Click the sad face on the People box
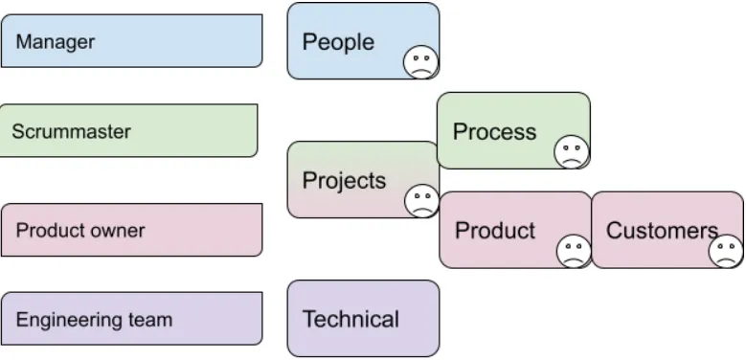tap(418, 62)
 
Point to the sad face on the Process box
tap(572, 151)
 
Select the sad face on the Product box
tap(574, 251)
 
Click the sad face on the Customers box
tap(725, 251)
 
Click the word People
tap(338, 42)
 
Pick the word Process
tap(494, 132)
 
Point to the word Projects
tap(344, 181)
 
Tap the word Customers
tap(662, 231)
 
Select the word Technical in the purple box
tap(350, 320)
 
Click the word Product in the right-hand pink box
tap(494, 231)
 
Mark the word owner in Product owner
tap(121, 231)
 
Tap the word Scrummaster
tap(71, 132)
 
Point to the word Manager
tap(55, 42)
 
